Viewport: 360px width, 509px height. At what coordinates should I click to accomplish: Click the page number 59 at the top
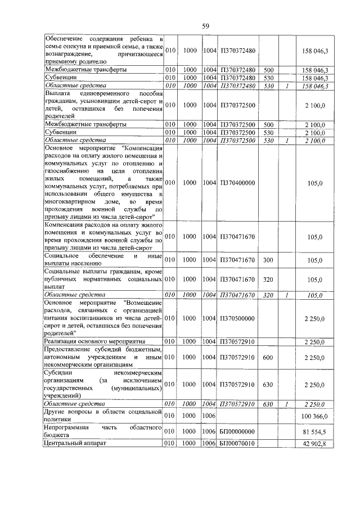(206, 25)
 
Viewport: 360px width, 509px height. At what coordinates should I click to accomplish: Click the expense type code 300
(268, 260)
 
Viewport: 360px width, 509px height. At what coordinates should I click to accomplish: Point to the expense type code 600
(268, 357)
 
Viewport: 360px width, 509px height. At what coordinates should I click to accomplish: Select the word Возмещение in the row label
(145, 302)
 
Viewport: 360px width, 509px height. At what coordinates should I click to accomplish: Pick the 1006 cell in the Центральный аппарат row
(209, 444)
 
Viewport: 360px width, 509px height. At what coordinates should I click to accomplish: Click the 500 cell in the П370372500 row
(268, 124)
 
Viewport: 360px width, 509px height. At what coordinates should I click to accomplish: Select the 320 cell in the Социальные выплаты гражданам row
(268, 279)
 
